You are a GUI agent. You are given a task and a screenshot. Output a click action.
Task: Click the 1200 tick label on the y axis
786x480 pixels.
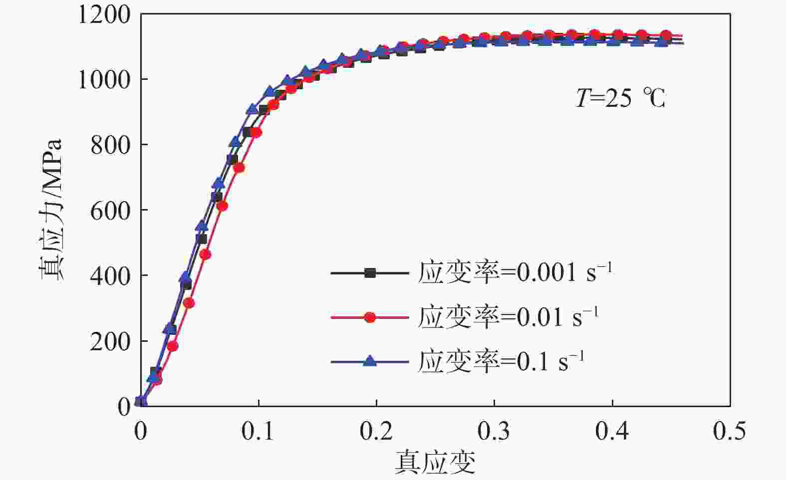104,15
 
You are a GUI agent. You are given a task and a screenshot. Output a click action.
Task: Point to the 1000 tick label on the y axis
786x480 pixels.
104,80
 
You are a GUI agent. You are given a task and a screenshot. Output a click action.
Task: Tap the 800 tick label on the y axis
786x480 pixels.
110,145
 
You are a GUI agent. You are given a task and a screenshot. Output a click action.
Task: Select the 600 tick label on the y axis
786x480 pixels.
110,211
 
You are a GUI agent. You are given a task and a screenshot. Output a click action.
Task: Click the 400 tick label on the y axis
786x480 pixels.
110,276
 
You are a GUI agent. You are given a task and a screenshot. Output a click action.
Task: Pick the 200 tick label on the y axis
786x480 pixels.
110,342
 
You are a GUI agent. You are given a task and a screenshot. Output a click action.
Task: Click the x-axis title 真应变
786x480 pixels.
435,462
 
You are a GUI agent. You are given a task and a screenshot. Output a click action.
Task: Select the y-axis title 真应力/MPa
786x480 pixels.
51,210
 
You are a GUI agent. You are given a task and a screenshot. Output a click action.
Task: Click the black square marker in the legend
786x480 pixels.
370,273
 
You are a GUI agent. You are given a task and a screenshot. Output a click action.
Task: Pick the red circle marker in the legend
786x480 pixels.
370,317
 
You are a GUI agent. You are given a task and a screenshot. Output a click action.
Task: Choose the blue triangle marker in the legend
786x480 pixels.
370,360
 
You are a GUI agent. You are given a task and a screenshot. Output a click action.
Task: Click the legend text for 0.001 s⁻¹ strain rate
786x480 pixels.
515,272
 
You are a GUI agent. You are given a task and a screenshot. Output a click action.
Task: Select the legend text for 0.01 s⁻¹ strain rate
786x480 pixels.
508,316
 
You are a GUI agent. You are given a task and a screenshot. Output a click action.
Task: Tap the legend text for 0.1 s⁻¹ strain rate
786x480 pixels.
501,360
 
